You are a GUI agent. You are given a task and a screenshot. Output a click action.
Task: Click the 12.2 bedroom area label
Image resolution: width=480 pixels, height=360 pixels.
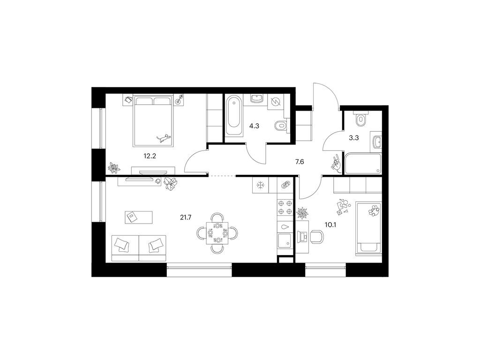[x=150, y=156]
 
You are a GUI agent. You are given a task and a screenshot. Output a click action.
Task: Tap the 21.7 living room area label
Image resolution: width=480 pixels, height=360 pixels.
[x=186, y=217]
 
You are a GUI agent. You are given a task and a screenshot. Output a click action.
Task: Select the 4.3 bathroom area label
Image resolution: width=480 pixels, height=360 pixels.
[x=254, y=126]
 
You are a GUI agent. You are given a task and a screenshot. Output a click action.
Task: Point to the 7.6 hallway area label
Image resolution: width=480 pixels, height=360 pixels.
[x=300, y=162]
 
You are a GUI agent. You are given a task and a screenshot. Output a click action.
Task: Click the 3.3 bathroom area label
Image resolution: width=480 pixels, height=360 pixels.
[x=354, y=138]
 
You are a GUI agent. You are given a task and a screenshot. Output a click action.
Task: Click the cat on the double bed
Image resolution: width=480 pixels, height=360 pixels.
[x=164, y=138]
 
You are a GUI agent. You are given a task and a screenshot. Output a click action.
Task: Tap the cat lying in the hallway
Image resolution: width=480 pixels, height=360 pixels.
[x=336, y=165]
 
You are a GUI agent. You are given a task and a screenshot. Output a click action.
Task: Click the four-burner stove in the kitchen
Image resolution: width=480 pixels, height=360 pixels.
[x=285, y=207]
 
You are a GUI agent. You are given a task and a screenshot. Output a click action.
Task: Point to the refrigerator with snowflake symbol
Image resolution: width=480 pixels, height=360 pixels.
[x=261, y=185]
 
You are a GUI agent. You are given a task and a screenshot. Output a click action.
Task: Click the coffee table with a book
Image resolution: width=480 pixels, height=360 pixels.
[x=139, y=217]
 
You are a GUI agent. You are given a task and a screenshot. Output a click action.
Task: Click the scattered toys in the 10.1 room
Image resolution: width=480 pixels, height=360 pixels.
[x=344, y=207]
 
